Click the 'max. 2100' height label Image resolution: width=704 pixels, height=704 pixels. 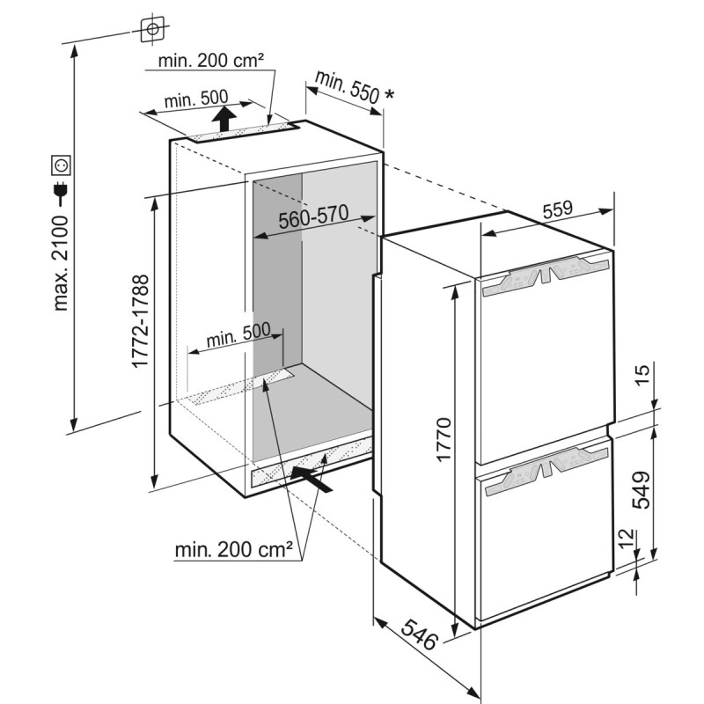(x=60, y=263)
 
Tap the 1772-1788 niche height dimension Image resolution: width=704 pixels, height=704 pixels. (x=140, y=321)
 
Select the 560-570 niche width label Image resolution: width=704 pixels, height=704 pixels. (x=313, y=216)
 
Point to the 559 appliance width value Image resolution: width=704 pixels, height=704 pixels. (x=558, y=209)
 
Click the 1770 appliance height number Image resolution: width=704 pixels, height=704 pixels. (x=444, y=439)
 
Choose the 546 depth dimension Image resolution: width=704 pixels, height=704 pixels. (x=419, y=634)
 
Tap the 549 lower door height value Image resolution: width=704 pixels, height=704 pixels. (x=642, y=490)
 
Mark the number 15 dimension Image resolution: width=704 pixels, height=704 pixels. (x=642, y=375)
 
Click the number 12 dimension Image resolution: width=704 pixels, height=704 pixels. (x=628, y=538)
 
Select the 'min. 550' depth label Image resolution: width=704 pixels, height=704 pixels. (x=347, y=92)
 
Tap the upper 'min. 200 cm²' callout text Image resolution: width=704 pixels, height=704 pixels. (x=211, y=60)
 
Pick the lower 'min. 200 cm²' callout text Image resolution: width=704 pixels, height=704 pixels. (x=234, y=549)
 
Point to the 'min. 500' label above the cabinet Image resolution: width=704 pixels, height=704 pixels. (x=196, y=99)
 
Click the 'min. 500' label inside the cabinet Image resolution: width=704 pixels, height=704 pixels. (x=238, y=334)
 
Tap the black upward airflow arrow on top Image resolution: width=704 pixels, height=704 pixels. (x=224, y=118)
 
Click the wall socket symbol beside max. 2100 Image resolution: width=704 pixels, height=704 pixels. (x=61, y=165)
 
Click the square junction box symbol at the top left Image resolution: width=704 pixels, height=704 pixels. (x=152, y=30)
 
